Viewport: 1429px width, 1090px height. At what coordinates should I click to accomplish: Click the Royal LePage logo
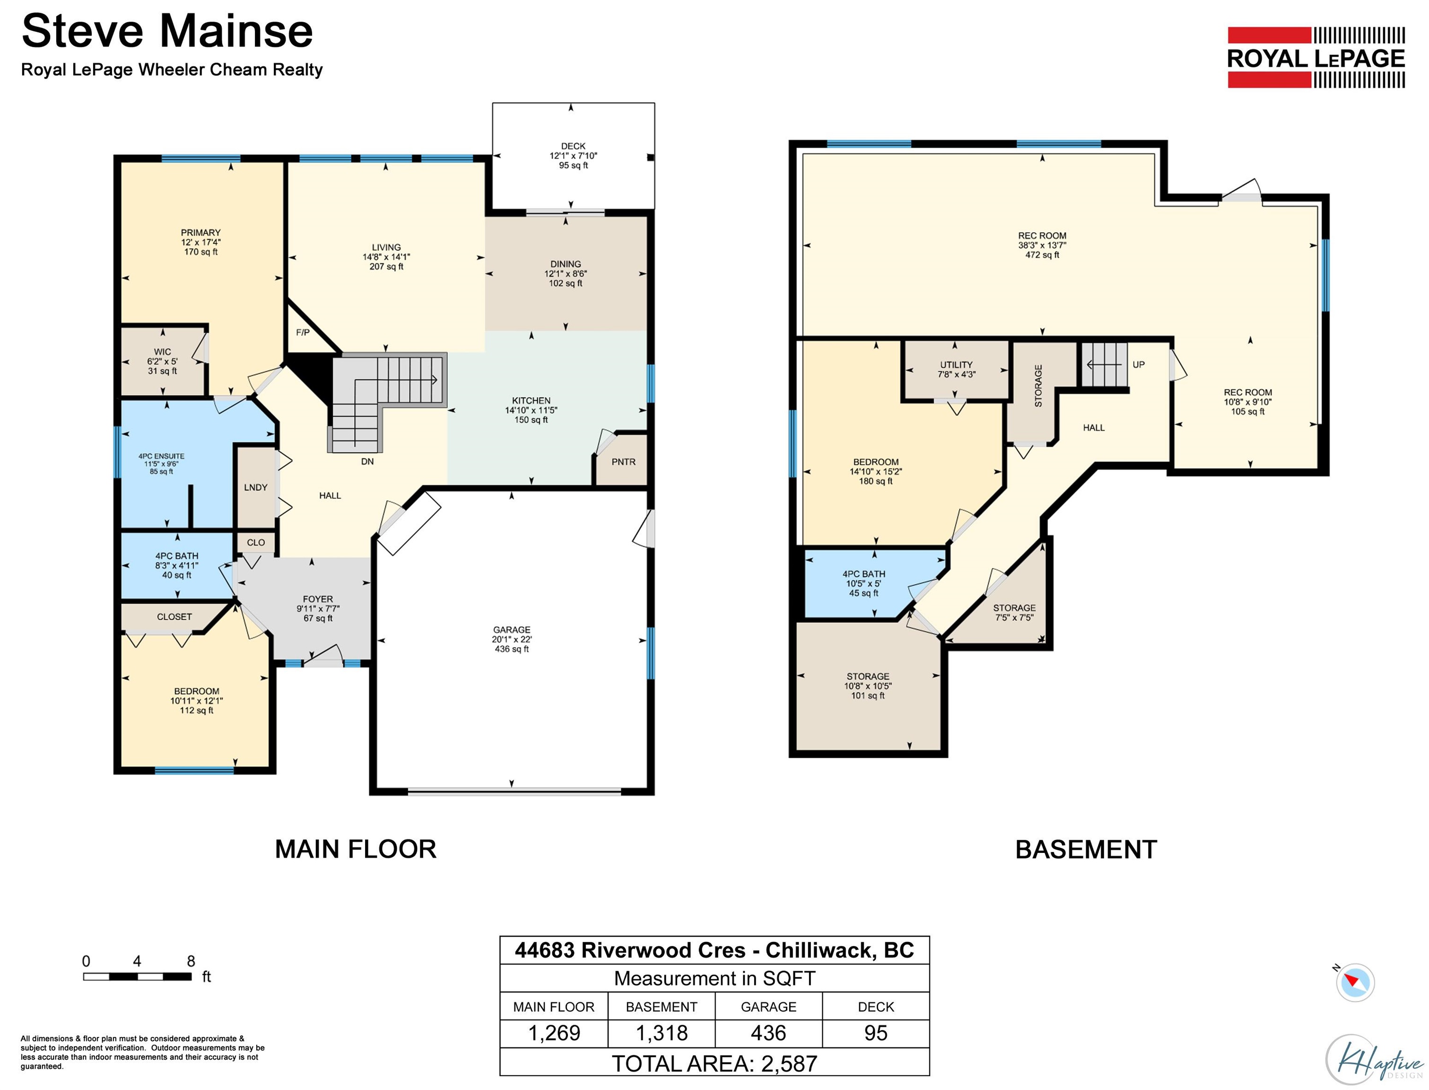pos(1316,57)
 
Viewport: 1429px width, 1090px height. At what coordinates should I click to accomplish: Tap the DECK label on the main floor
pos(573,146)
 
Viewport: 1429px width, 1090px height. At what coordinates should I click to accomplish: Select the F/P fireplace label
pos(303,332)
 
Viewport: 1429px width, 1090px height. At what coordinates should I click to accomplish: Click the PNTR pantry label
pos(623,462)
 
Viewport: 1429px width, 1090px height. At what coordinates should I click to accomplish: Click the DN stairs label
pos(367,462)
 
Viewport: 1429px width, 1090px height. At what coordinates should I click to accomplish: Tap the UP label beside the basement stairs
pos(1139,365)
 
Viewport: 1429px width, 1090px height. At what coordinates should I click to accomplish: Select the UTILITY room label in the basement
pos(956,365)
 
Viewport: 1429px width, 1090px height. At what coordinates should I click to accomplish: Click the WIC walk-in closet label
pos(163,352)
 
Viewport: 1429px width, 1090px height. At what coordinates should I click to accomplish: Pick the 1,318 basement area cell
pos(662,1033)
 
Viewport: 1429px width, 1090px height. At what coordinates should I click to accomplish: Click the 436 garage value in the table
pos(768,1033)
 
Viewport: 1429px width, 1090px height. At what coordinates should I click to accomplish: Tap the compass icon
pos(1355,982)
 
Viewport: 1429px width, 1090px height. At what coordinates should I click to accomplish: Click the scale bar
pos(138,976)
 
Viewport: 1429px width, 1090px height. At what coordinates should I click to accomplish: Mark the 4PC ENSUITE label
pos(161,456)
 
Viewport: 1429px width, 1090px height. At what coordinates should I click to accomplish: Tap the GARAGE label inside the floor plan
pos(512,630)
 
